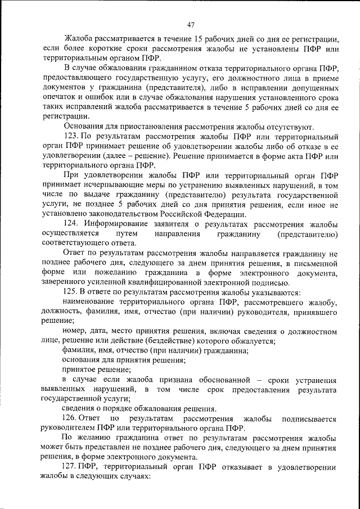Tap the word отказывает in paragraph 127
(232, 467)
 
